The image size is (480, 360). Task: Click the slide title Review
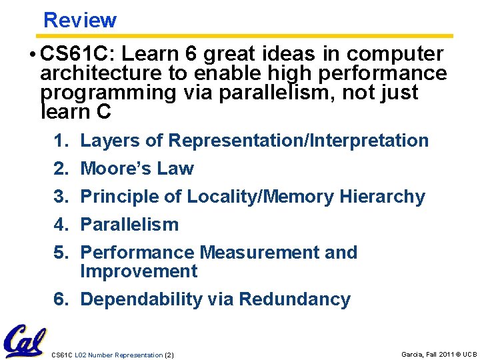coord(80,20)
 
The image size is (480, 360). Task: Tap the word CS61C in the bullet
coord(75,54)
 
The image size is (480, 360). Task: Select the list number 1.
coord(61,141)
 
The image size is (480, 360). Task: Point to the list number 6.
coord(61,299)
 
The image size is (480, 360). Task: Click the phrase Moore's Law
coord(137,169)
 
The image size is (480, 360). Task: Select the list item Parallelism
coord(129,225)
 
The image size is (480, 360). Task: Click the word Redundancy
coord(294,299)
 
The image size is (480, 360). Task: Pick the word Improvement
coord(139,271)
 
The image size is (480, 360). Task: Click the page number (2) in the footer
coord(169,355)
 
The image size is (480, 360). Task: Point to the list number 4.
coord(61,225)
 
